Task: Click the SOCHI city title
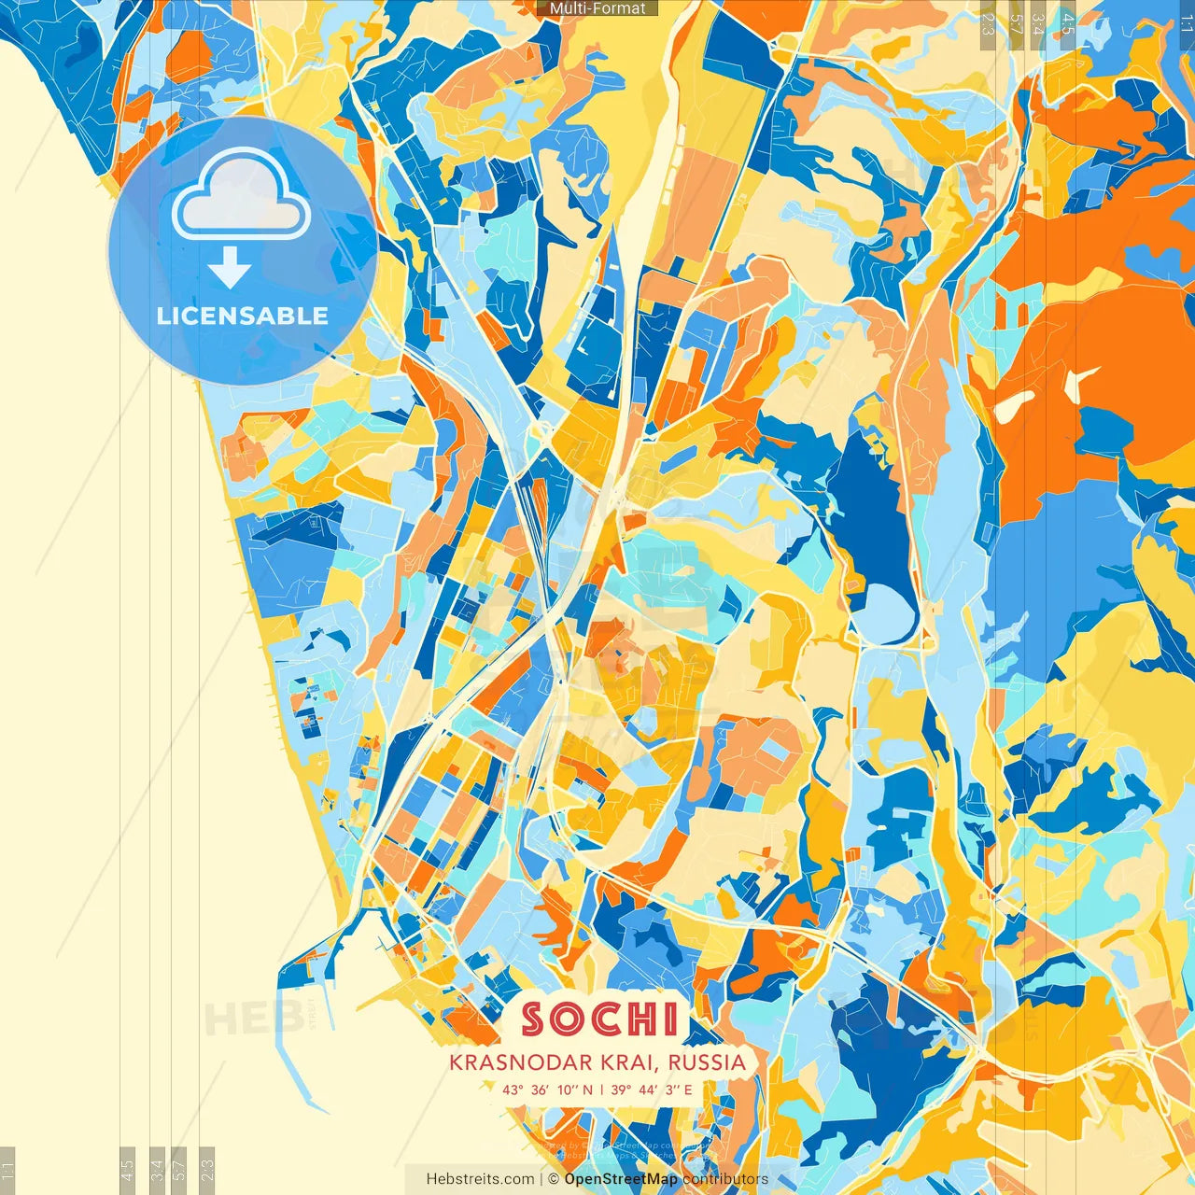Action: [x=599, y=1019]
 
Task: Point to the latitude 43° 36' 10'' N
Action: [x=547, y=1090]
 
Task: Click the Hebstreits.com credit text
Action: [x=480, y=1179]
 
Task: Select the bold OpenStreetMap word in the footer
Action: [x=621, y=1179]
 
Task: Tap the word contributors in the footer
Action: [x=725, y=1179]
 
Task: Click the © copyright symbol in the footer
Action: [x=554, y=1179]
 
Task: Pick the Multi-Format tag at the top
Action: [x=597, y=8]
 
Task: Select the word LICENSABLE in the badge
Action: [x=243, y=316]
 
